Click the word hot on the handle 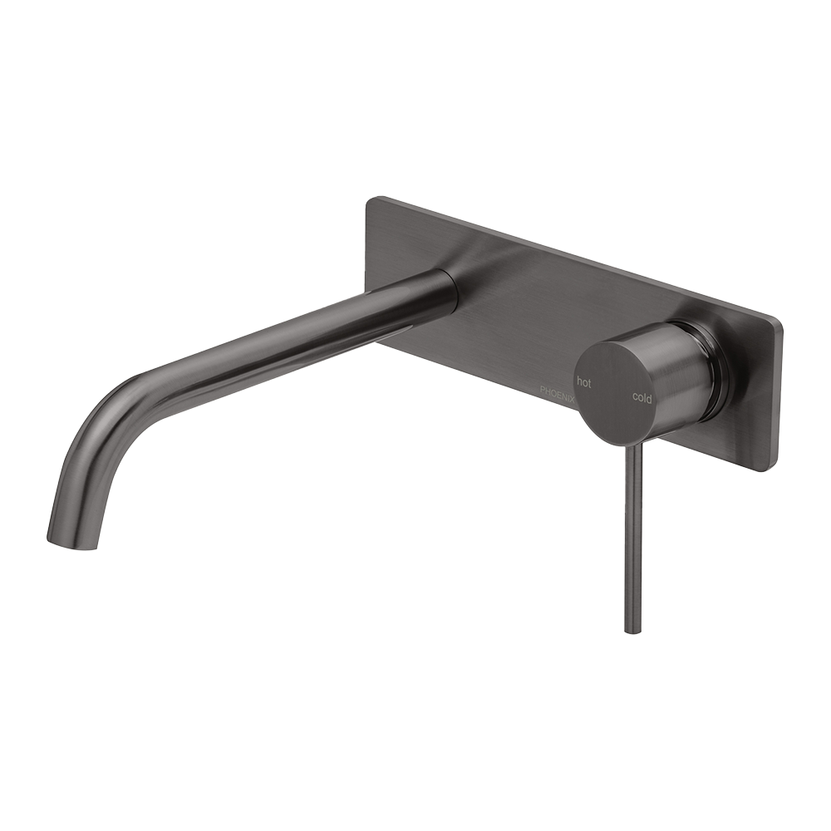coord(584,383)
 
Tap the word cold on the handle coord(642,397)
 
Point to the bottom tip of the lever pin coord(632,629)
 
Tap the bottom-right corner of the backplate coord(774,469)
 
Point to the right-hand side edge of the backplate coord(778,395)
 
